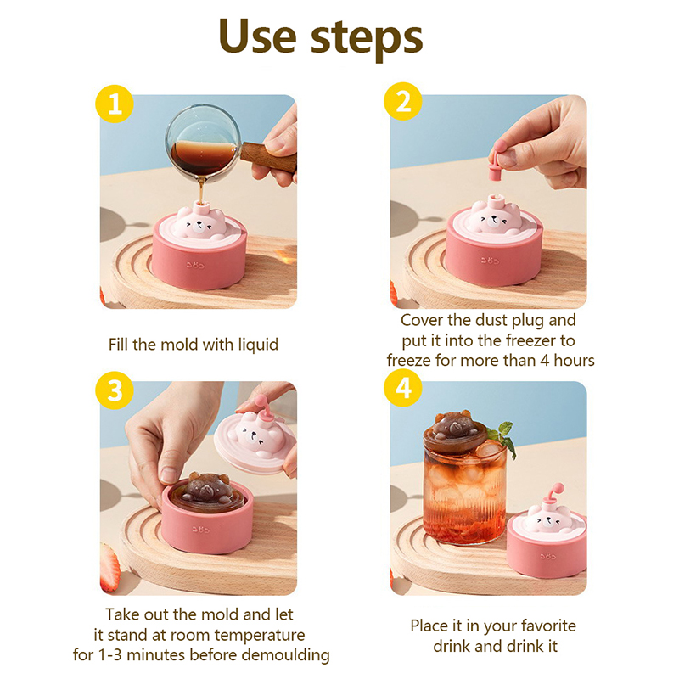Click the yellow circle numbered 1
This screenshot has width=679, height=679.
pos(115,104)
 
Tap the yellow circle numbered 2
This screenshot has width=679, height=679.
pos(403,101)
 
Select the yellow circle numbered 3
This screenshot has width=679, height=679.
pos(115,390)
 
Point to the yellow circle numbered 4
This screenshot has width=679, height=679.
pos(403,388)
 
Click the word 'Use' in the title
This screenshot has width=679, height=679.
pos(258,36)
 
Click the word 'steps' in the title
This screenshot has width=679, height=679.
pos(367,40)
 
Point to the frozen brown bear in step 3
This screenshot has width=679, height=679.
pos(207,488)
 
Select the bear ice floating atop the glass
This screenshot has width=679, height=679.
pos(453,427)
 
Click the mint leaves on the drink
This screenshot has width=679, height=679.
pos(502,436)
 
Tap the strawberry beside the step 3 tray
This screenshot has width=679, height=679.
pos(109,567)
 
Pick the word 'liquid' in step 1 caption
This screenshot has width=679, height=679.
pos(258,345)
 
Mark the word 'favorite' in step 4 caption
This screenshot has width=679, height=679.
pos(548,626)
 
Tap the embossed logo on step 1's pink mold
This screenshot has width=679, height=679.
pos(195,264)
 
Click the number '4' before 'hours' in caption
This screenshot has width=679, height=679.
pos(544,360)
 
